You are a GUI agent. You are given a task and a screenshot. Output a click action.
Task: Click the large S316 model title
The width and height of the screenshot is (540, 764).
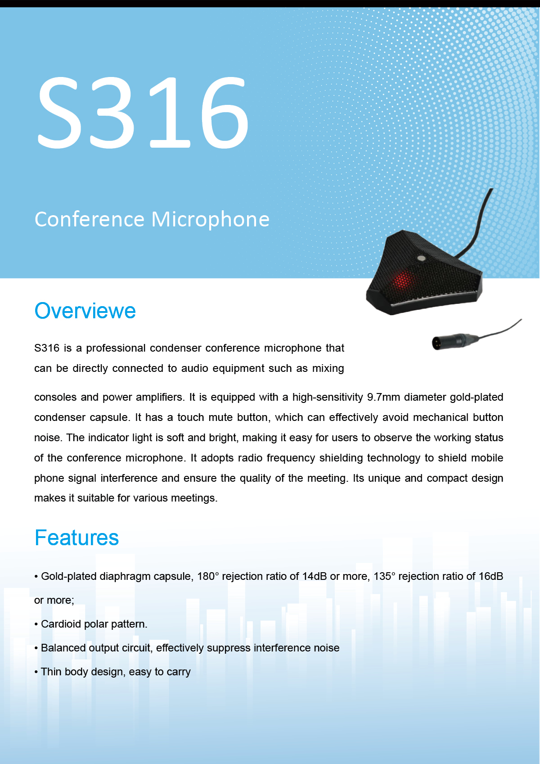point(143,112)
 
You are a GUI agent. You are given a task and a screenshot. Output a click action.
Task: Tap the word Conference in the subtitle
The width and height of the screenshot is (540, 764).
point(90,219)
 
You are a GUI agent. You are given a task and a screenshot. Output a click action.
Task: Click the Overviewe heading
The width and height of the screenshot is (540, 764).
point(85,311)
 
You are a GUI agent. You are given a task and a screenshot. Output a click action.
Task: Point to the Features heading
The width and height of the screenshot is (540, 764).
point(76,538)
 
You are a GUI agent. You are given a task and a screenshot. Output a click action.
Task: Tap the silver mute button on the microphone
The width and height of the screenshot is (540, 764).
point(422,258)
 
